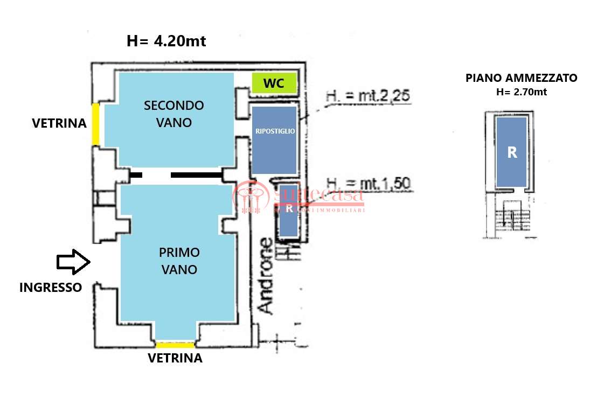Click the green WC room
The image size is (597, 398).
click(x=274, y=83)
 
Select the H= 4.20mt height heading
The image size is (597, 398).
click(x=166, y=41)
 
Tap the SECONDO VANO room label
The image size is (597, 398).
click(x=173, y=114)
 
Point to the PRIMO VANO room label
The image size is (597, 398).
click(x=179, y=261)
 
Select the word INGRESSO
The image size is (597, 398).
click(x=51, y=288)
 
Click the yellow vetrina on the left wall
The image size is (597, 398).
click(x=95, y=124)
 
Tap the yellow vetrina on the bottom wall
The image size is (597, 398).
click(x=175, y=345)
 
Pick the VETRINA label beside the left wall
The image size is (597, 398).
click(x=59, y=123)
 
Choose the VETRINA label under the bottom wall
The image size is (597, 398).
click(x=175, y=358)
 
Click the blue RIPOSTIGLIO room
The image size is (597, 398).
click(x=274, y=139)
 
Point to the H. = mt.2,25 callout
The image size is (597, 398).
click(x=368, y=97)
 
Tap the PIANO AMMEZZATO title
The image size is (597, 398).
click(x=521, y=78)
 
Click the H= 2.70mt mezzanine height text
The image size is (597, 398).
click(x=521, y=92)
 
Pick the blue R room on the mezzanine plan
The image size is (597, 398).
click(x=511, y=152)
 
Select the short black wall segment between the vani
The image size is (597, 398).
click(x=136, y=174)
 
